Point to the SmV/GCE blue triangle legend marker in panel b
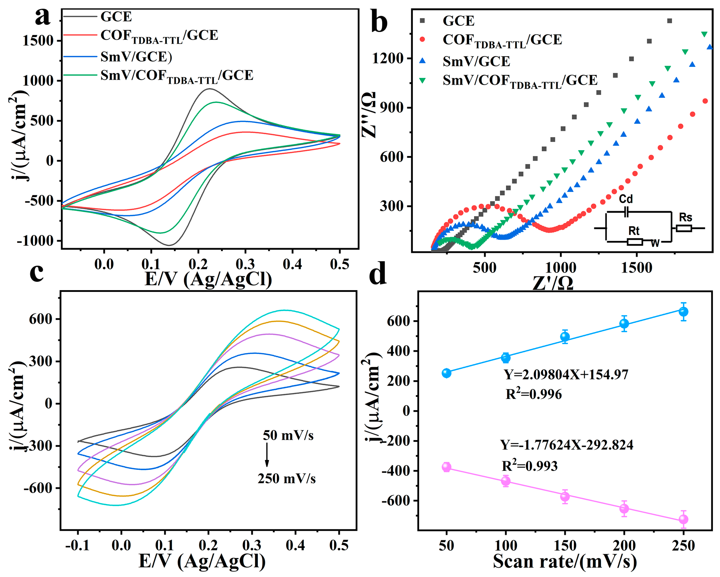pyautogui.click(x=422, y=61)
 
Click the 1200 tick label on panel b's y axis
pyautogui.click(x=388, y=59)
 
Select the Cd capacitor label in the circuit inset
pyautogui.click(x=625, y=199)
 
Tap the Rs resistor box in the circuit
pyautogui.click(x=684, y=228)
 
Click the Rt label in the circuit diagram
pyautogui.click(x=634, y=231)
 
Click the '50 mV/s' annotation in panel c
pyautogui.click(x=288, y=435)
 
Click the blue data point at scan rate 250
pyautogui.click(x=683, y=311)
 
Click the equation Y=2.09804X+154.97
pyautogui.click(x=566, y=374)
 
